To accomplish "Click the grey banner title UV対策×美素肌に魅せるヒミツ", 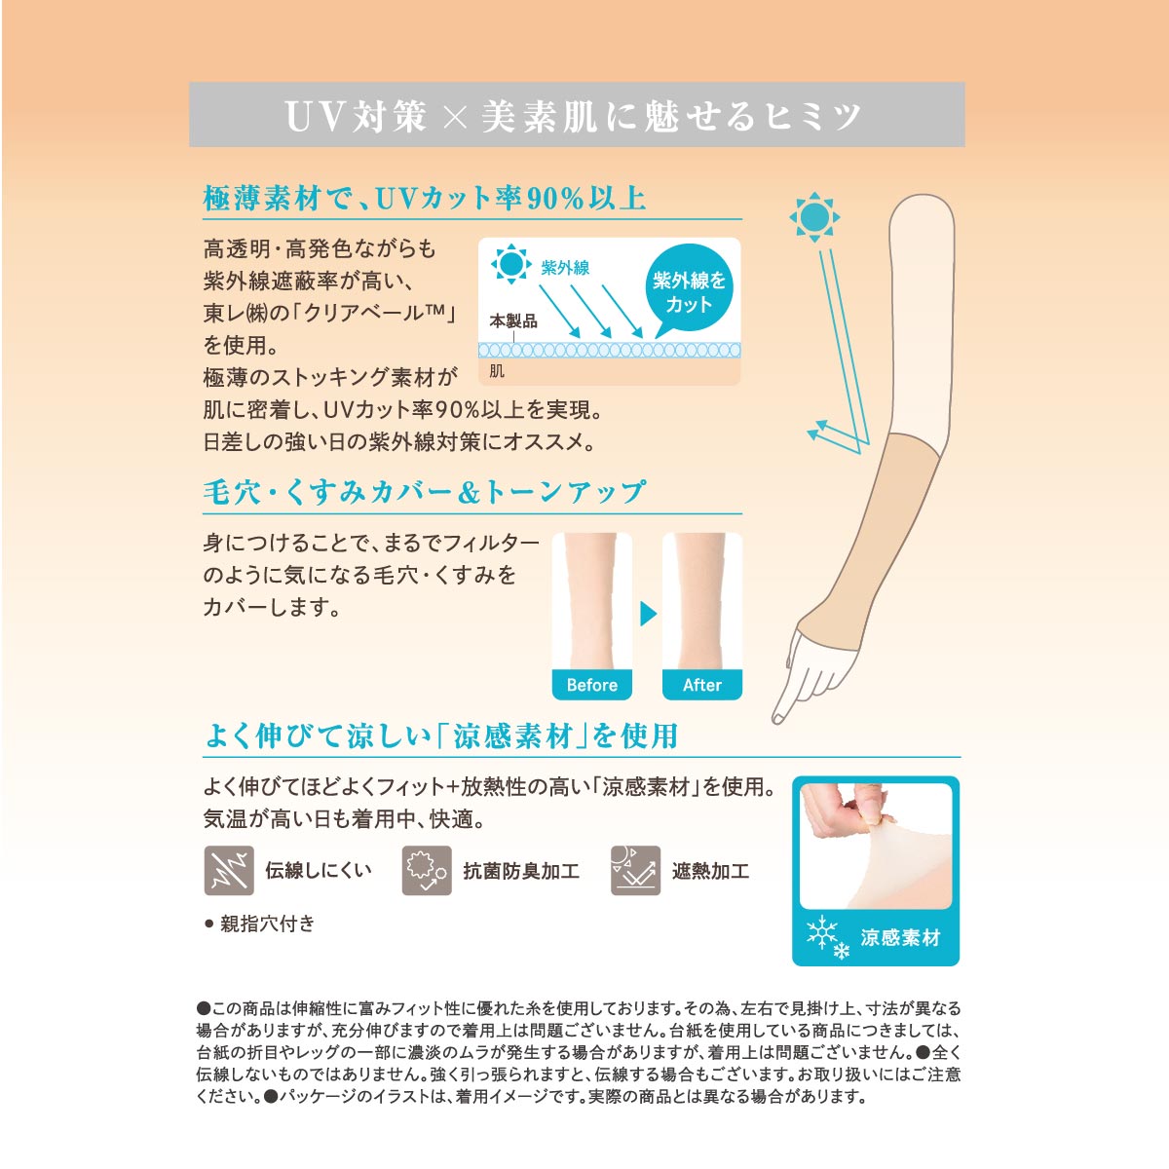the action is [573, 115].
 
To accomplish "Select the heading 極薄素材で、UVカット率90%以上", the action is [425, 199].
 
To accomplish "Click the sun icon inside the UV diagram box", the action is [510, 264].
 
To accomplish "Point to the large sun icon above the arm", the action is [814, 216].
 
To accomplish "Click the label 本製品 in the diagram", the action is [513, 321].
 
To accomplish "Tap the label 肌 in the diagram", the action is [497, 370].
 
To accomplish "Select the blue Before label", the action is [591, 685].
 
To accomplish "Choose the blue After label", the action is [701, 685].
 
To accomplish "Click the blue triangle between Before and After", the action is [648, 614].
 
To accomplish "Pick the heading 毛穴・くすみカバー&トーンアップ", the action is [424, 492].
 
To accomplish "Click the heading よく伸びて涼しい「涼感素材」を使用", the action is [441, 735].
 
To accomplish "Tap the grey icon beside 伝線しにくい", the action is [229, 871].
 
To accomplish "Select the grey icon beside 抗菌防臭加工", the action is [427, 871].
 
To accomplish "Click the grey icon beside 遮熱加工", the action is [635, 871].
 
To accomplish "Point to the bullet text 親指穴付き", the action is [267, 924].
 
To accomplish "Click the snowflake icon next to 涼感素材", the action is [827, 937].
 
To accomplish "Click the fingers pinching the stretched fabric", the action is [849, 808].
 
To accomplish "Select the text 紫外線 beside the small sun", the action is [565, 267].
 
